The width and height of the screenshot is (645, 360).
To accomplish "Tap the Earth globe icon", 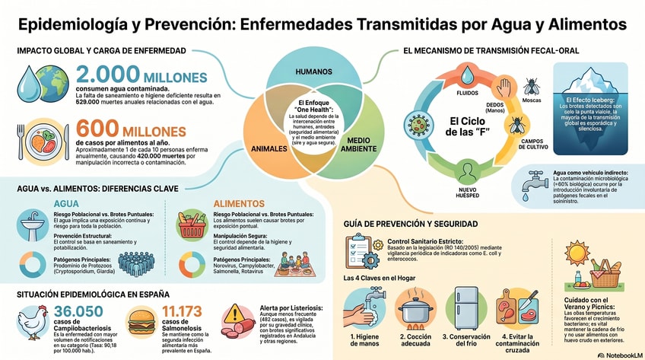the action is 53,80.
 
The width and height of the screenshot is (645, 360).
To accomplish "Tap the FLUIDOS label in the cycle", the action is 445,94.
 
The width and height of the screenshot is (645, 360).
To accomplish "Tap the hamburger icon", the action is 142,319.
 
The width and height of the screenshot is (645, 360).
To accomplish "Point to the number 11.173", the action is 184,311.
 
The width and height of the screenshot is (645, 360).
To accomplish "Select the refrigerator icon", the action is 465,308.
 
